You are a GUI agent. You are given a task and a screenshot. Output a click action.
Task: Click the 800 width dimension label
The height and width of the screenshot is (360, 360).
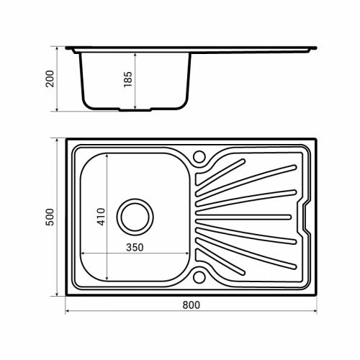click(191, 305)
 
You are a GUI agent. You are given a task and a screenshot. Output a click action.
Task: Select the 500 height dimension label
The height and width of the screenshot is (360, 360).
click(50, 217)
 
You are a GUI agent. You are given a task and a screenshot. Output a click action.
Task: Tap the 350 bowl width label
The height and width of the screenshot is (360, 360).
click(135, 248)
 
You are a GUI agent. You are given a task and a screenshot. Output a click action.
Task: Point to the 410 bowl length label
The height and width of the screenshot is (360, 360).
click(101, 217)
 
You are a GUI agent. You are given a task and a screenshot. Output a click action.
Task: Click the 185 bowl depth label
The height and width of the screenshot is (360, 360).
click(128, 79)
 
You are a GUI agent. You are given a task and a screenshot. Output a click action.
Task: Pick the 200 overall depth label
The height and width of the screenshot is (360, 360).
click(50, 78)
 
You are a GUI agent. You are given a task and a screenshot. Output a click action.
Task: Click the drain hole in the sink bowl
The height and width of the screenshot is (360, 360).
click(135, 217)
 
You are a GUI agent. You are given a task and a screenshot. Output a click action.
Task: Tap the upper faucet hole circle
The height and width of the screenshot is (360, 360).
click(199, 157)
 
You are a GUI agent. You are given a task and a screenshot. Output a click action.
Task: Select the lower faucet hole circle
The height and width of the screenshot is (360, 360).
click(199, 277)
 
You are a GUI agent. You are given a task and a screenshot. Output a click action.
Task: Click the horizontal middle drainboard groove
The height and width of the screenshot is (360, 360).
click(243, 217)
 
